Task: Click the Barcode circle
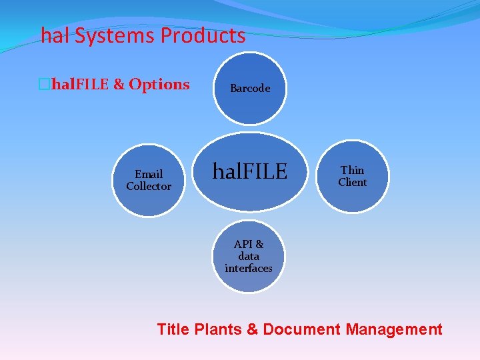[250, 89]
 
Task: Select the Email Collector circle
[149, 181]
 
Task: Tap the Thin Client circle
[352, 177]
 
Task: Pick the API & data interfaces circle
[249, 257]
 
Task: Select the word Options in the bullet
[159, 85]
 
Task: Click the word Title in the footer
[172, 329]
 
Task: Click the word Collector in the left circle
[149, 187]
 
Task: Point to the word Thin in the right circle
[353, 171]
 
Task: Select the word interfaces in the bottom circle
[249, 269]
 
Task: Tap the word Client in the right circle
[353, 183]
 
